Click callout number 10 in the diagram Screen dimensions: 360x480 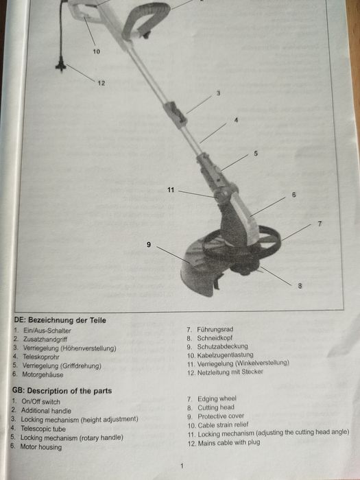[97, 51]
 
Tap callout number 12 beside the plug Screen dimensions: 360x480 [101, 83]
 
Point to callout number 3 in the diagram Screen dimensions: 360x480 [218, 93]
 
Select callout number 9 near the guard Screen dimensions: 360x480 [149, 244]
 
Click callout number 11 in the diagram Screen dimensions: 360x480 [171, 190]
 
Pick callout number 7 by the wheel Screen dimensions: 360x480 [320, 224]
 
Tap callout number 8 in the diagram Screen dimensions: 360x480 [300, 286]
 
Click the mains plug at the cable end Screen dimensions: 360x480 [61, 65]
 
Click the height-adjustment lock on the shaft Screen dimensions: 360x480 [176, 112]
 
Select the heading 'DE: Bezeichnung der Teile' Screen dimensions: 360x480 [60, 320]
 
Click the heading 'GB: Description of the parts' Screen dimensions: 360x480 [62, 391]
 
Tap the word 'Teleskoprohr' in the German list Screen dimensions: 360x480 [41, 357]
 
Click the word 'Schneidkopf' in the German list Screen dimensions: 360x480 [215, 338]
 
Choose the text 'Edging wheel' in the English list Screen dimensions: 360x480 [217, 398]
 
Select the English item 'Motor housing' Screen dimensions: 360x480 [41, 447]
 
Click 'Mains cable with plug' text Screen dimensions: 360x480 [229, 443]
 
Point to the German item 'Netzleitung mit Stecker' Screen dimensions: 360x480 [230, 372]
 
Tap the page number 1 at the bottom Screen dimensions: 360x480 [182, 466]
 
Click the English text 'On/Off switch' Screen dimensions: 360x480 [40, 402]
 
